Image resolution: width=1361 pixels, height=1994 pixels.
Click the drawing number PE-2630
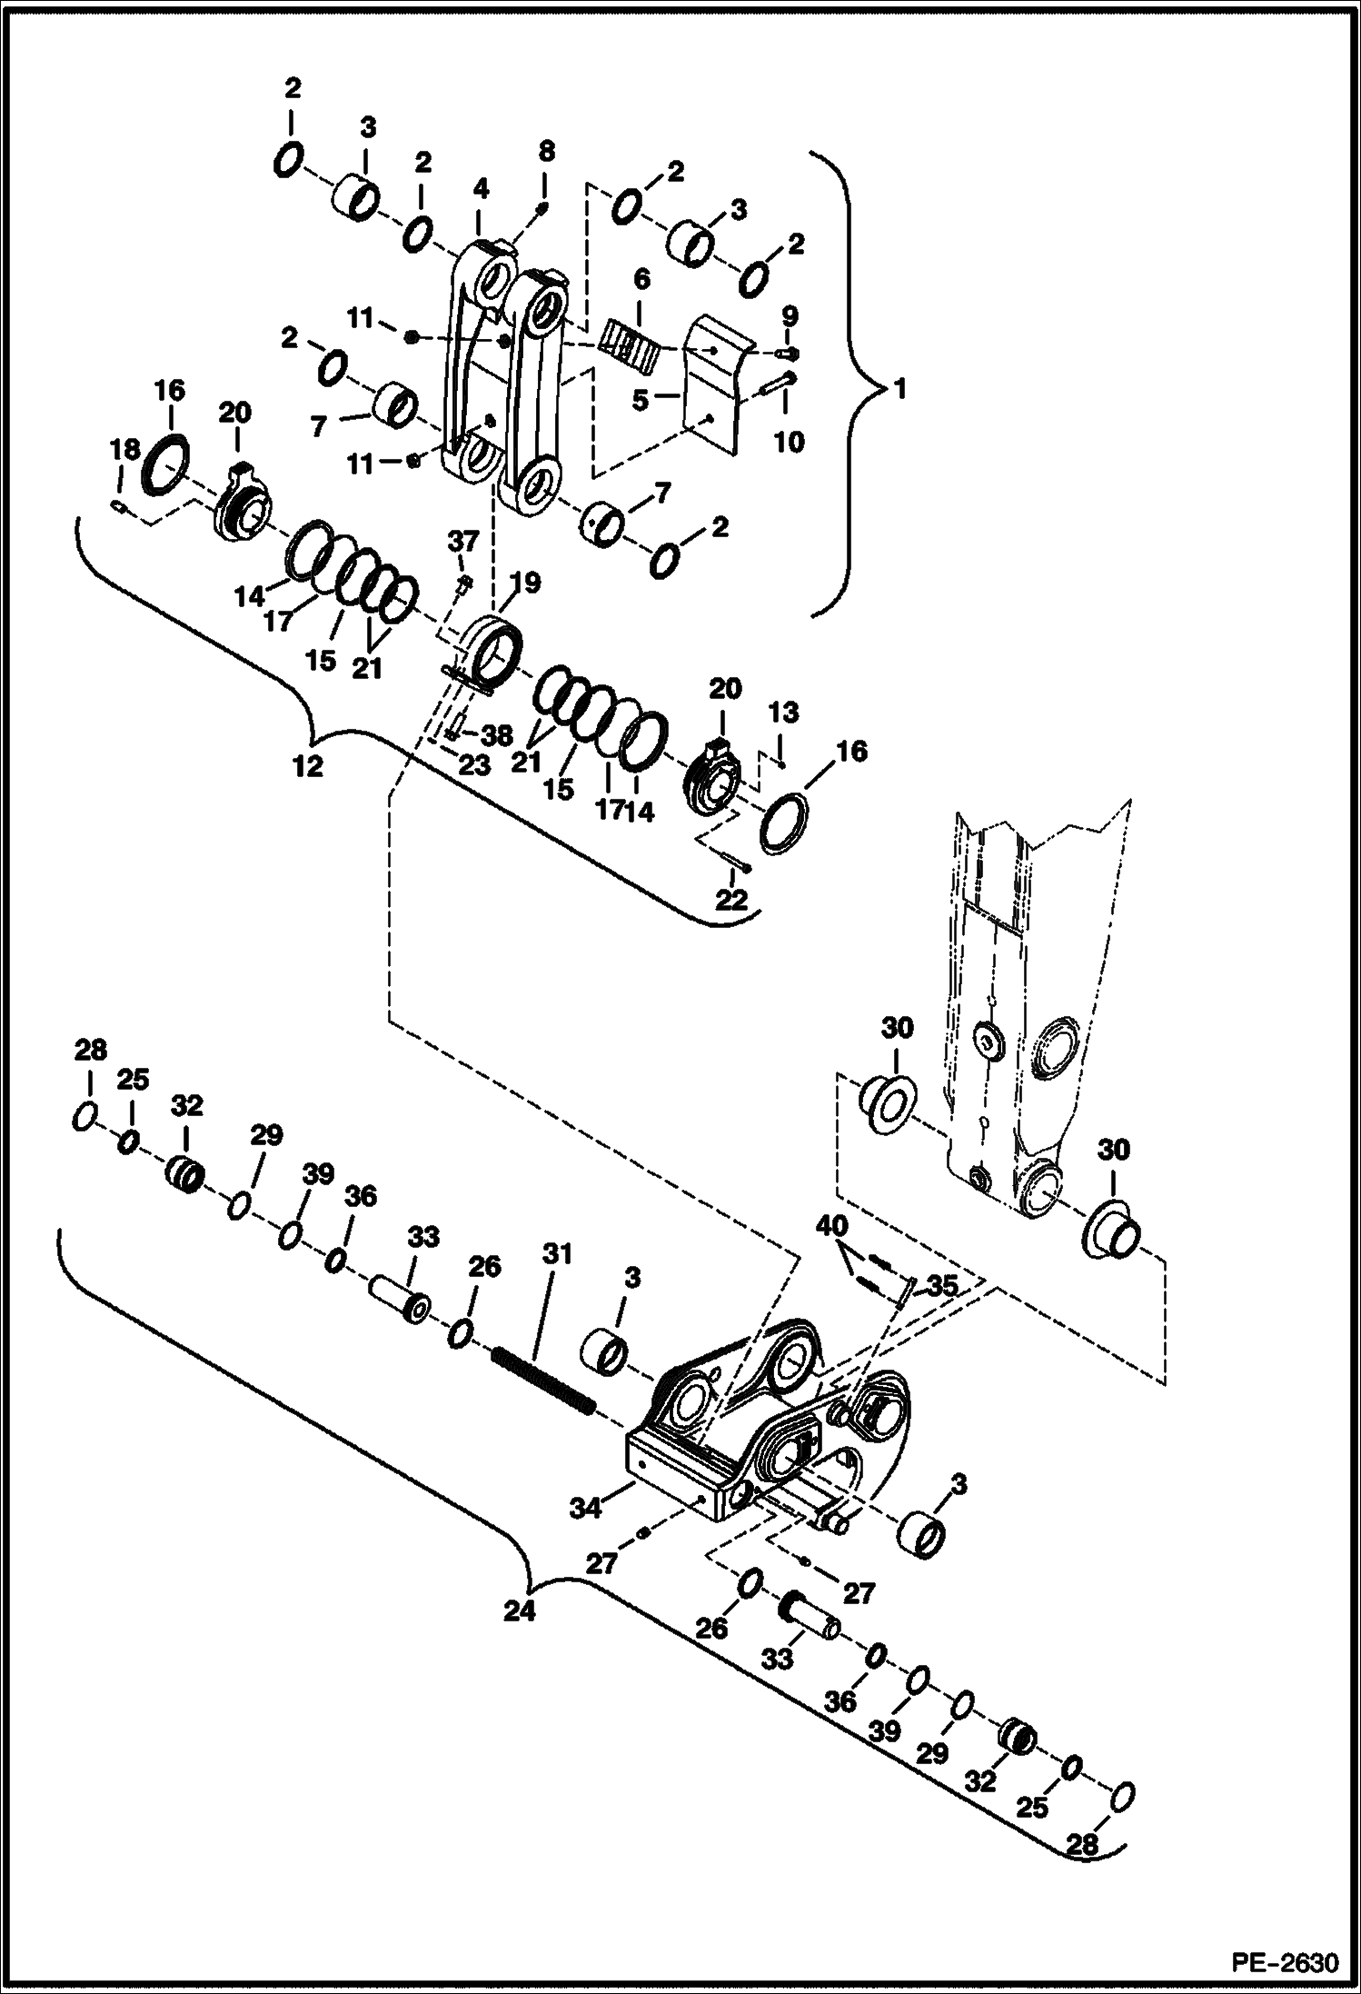[1285, 1963]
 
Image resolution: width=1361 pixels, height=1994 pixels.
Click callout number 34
[585, 1508]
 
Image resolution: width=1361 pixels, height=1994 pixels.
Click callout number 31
[557, 1255]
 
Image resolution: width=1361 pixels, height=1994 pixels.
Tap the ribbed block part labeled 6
[629, 344]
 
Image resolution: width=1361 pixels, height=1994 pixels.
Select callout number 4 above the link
[481, 189]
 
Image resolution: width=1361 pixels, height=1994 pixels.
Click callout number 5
[641, 399]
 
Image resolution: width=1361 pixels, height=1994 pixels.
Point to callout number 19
[525, 583]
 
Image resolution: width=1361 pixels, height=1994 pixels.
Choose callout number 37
[462, 542]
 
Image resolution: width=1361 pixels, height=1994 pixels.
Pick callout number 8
[544, 151]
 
